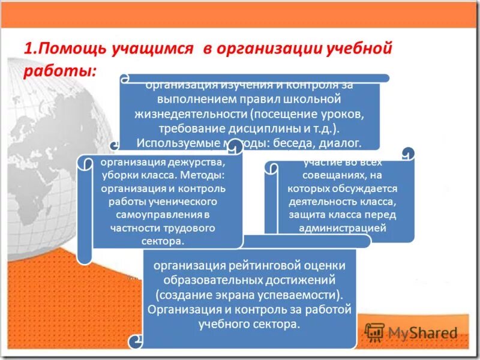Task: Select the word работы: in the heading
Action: pos(60,70)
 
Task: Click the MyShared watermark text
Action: pos(422,332)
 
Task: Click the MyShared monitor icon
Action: pos(374,332)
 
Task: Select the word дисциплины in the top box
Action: pos(254,128)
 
